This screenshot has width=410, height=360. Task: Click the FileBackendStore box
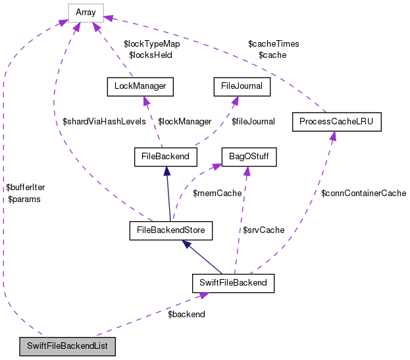(x=171, y=230)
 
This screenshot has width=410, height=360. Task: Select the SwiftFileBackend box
(x=232, y=284)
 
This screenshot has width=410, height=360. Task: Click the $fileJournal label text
(x=253, y=122)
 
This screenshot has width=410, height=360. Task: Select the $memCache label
(x=217, y=193)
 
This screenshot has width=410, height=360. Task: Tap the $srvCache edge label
(x=263, y=230)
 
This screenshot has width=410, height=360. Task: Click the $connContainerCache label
(x=363, y=193)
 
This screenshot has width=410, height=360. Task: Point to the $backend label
(x=186, y=315)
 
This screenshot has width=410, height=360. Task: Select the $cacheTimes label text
(x=274, y=44)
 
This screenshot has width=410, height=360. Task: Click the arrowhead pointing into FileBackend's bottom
(x=168, y=170)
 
